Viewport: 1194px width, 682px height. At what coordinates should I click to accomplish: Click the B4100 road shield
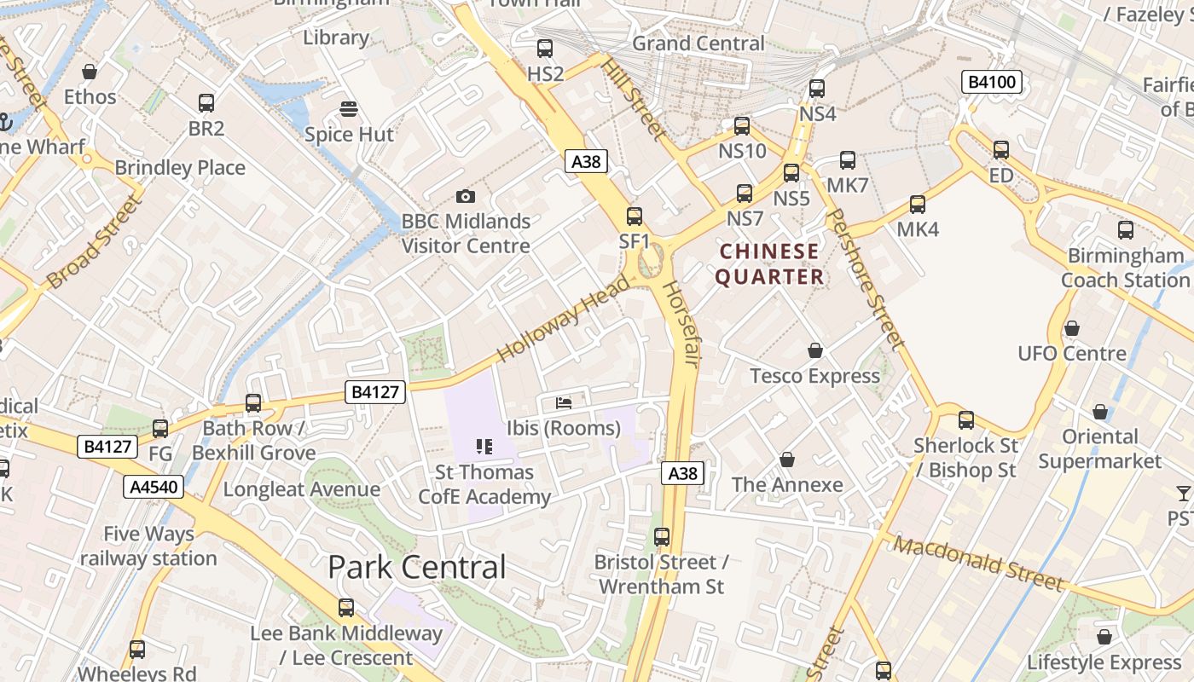[992, 82]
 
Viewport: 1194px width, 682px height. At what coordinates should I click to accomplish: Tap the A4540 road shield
[154, 487]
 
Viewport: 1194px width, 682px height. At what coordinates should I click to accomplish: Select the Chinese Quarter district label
[769, 264]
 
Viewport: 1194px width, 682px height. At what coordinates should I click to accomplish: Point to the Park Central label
[417, 567]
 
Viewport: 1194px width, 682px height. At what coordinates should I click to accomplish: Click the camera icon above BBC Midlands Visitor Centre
[465, 196]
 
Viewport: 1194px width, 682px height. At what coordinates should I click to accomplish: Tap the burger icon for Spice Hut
[348, 109]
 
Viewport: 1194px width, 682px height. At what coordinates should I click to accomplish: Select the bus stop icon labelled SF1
[634, 217]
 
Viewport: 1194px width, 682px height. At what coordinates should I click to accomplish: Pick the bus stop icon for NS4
[817, 88]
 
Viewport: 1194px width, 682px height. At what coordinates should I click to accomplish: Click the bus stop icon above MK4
[918, 205]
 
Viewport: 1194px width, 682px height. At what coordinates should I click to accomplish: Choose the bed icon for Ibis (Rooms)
[563, 402]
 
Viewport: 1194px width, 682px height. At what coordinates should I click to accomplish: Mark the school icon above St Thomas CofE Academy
[484, 447]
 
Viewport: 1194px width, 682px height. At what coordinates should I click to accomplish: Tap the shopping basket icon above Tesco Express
[815, 350]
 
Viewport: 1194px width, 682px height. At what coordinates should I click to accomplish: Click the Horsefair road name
[681, 324]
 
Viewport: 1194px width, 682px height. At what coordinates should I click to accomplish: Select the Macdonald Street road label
[978, 564]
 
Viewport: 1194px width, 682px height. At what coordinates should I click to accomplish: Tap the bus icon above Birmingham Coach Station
[1126, 230]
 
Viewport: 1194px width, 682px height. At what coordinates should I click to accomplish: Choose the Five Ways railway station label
[148, 546]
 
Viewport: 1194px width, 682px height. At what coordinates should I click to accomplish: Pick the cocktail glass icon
[1183, 494]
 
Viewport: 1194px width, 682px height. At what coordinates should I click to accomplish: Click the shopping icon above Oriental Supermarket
[1100, 412]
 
